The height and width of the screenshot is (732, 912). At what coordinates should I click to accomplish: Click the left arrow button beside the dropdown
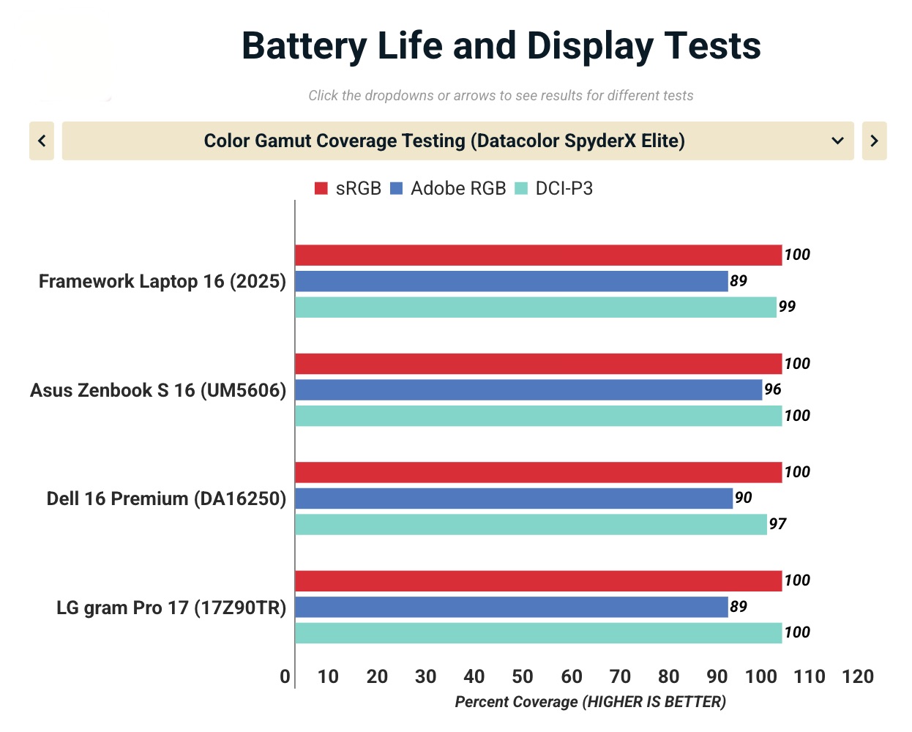pyautogui.click(x=42, y=141)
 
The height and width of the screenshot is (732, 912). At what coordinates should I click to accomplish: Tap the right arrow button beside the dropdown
pyautogui.click(x=874, y=141)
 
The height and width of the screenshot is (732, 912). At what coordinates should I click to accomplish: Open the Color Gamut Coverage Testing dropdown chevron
pyautogui.click(x=838, y=141)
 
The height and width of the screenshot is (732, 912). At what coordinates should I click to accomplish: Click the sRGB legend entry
pyautogui.click(x=348, y=189)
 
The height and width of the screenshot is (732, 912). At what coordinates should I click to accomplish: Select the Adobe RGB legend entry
pyautogui.click(x=448, y=189)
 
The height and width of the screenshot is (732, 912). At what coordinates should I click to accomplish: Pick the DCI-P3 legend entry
pyautogui.click(x=554, y=189)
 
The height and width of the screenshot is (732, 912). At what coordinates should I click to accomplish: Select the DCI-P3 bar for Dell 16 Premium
pyautogui.click(x=531, y=524)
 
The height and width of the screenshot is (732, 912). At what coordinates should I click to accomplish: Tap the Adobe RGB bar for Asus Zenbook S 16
pyautogui.click(x=528, y=389)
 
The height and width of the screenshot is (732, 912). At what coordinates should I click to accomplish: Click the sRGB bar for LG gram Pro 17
pyautogui.click(x=538, y=581)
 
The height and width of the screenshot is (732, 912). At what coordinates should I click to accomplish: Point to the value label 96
pyautogui.click(x=773, y=389)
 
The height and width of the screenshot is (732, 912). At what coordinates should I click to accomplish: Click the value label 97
pyautogui.click(x=777, y=524)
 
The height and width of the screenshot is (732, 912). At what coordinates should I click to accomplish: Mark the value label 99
pyautogui.click(x=787, y=307)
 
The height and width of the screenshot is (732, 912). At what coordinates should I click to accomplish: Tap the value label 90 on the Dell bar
pyautogui.click(x=743, y=498)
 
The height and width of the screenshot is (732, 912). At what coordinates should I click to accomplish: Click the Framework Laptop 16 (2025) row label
pyautogui.click(x=162, y=281)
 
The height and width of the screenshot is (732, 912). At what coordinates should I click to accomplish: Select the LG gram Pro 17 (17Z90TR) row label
pyautogui.click(x=171, y=608)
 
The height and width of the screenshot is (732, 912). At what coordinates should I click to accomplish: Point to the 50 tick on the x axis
pyautogui.click(x=523, y=676)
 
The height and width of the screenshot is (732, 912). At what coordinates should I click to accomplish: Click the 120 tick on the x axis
pyautogui.click(x=858, y=676)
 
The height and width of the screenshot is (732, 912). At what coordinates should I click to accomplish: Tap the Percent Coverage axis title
pyautogui.click(x=590, y=702)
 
